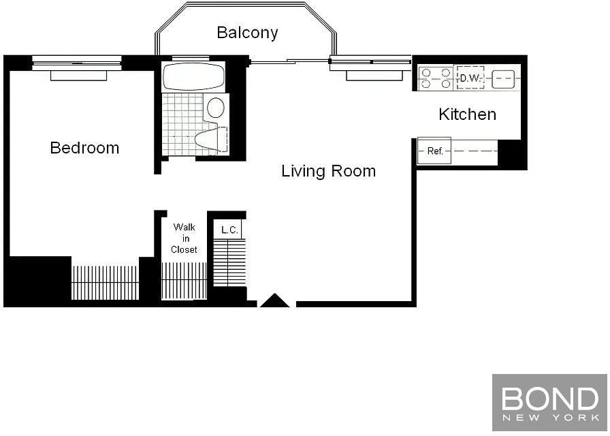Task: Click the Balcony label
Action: [x=247, y=33]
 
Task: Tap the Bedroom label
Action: [x=85, y=148]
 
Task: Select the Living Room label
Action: [x=329, y=171]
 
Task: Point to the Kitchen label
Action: [x=467, y=114]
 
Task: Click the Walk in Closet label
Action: [x=184, y=238]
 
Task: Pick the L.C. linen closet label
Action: [x=229, y=230]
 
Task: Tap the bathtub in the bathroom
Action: [x=193, y=76]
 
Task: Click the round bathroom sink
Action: [x=216, y=108]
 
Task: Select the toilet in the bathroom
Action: [x=210, y=139]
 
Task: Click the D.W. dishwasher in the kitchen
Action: [x=470, y=78]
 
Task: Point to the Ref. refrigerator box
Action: [x=434, y=151]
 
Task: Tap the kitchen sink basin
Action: [x=503, y=78]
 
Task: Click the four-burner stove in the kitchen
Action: [x=436, y=78]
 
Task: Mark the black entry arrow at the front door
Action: [x=274, y=300]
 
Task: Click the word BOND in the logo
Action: [x=549, y=398]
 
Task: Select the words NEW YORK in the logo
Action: [x=550, y=418]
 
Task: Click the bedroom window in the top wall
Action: [x=77, y=63]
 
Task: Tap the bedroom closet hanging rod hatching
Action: [x=105, y=283]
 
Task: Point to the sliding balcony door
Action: [x=290, y=61]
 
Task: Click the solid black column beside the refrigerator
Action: [x=513, y=154]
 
